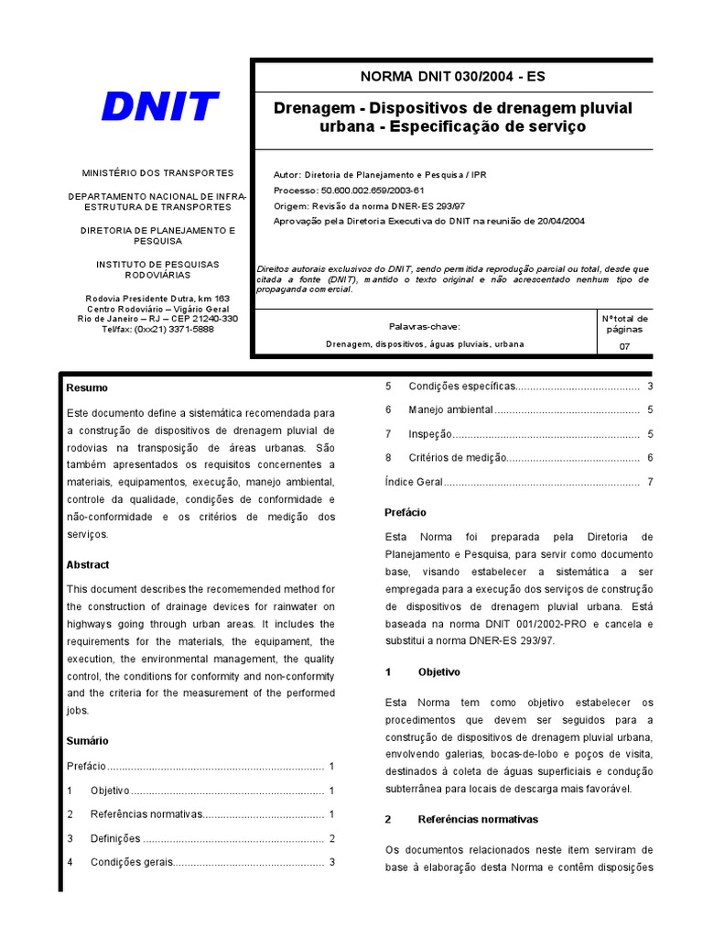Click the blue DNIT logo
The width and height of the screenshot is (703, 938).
pos(159,107)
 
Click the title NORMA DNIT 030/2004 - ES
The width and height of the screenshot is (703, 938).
pos(453,77)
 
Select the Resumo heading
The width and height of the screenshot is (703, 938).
pos(87,388)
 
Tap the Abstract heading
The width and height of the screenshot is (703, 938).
pos(88,565)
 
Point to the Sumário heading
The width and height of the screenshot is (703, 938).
pos(87,740)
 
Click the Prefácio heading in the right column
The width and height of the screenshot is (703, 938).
pos(406,512)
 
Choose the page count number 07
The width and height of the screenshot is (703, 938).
pos(624,346)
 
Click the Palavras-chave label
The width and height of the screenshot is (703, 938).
pos(425,326)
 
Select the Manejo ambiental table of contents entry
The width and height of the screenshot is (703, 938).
pos(450,409)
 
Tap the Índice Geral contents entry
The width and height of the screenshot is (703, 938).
pos(414,481)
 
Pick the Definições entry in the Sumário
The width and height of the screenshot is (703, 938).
pos(115,838)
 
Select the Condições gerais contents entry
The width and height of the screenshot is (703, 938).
pos(131,862)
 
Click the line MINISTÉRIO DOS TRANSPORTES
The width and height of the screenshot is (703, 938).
pos(157,172)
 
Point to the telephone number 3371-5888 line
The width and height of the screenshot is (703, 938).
pos(157,329)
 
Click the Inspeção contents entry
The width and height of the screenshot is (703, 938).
pos(430,433)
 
